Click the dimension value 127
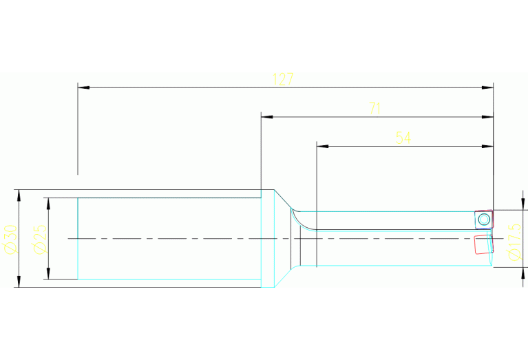283,79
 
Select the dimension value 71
374,109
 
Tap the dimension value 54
403,138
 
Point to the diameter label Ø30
10,238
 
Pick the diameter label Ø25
39,238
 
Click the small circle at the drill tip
484,220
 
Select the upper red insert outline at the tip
483,219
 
